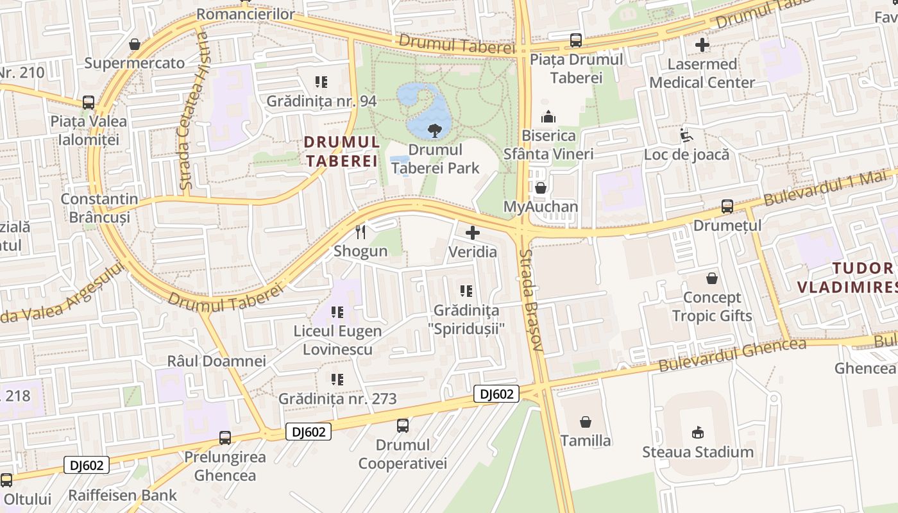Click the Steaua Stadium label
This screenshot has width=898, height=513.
point(698,452)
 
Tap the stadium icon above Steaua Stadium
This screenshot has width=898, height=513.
point(699,433)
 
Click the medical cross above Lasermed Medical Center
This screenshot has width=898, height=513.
point(702,45)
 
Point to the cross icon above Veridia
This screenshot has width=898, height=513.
point(473,233)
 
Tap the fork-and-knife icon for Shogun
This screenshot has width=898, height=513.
point(360,232)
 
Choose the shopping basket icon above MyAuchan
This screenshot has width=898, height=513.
point(541,188)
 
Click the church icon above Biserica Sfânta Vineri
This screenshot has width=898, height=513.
point(548,117)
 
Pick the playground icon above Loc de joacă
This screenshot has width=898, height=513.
point(686,135)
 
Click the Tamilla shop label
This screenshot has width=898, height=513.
point(586,441)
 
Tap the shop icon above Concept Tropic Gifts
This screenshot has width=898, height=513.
point(712,278)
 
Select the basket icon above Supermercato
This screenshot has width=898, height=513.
point(135,44)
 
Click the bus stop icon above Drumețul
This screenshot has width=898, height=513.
point(727,206)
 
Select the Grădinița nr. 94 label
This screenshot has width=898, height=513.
point(321,101)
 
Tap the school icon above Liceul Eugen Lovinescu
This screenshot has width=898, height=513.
point(337,313)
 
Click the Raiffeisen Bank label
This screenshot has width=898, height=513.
point(123,495)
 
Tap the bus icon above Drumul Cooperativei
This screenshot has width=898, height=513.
point(402,425)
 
